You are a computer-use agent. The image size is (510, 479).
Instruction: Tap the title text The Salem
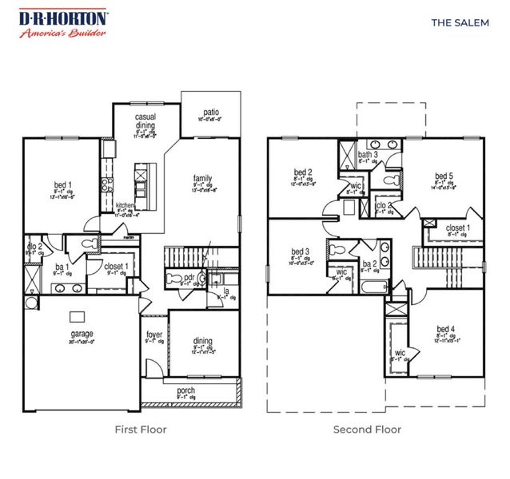point(460,22)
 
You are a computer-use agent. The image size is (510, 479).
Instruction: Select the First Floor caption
point(141,430)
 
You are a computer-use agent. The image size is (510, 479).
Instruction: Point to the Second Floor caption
point(367,430)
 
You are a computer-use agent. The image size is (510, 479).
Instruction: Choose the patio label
point(210,113)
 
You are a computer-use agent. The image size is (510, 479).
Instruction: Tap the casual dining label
point(145,121)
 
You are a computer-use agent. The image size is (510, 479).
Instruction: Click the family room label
point(202,178)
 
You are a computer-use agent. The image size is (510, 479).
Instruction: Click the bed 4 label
point(446,329)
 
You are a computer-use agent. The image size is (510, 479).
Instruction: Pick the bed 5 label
point(444,176)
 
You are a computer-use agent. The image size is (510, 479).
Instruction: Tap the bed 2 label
point(301,172)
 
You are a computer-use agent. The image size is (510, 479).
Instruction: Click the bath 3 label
point(368,155)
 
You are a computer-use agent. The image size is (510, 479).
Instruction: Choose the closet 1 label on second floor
point(457,228)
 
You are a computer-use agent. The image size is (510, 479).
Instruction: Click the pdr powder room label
point(189,278)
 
